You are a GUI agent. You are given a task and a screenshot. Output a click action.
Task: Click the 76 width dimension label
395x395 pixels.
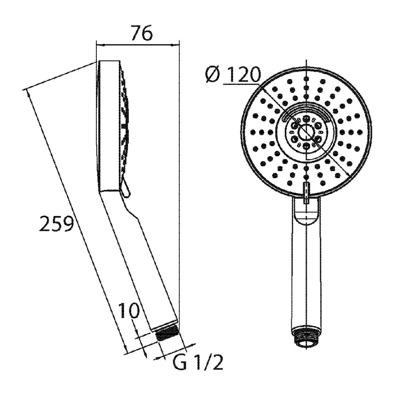click(142, 33)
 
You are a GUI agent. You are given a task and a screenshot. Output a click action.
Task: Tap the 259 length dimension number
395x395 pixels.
click(57, 224)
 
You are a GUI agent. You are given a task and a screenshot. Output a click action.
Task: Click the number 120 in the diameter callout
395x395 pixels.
click(241, 75)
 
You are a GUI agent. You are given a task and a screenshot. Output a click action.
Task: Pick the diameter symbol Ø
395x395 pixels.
click(213, 75)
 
